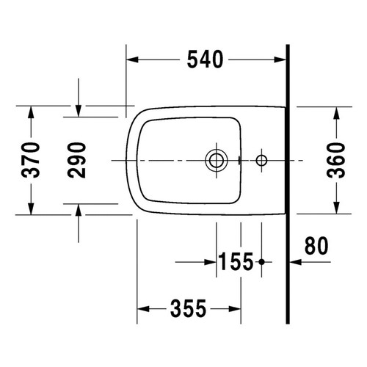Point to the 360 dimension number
pos(335,159)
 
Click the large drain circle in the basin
pos(216,159)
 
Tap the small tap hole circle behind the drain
pos(261,159)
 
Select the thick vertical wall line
pos(288,183)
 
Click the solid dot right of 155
pos(261,261)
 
